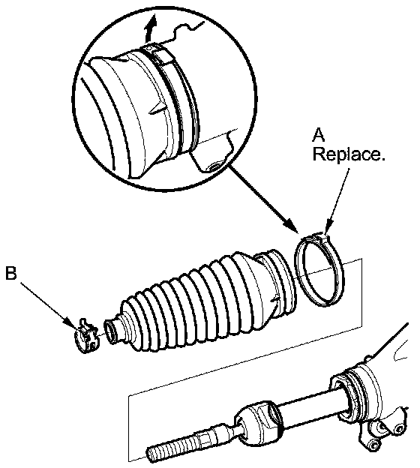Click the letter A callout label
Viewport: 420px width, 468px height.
click(x=319, y=135)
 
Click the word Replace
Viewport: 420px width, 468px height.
click(x=349, y=154)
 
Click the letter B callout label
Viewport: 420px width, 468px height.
click(x=11, y=273)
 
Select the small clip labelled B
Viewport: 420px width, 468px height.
click(x=86, y=335)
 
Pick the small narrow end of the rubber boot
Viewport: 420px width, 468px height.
click(x=111, y=331)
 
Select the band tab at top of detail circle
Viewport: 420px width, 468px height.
click(x=157, y=53)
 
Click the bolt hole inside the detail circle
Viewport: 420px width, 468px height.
click(x=214, y=166)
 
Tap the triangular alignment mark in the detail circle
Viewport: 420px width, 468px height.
click(x=156, y=109)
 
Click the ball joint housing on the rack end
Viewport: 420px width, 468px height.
click(x=259, y=421)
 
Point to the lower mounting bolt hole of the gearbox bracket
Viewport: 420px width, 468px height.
click(x=373, y=445)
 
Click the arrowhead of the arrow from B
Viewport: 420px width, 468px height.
click(x=70, y=323)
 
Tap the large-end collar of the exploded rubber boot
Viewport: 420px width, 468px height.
click(x=279, y=282)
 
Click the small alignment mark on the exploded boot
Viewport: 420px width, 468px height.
click(x=276, y=300)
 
